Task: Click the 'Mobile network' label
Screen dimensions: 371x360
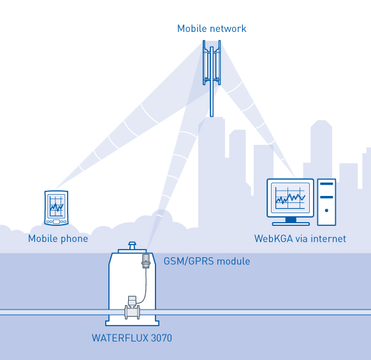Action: (x=212, y=29)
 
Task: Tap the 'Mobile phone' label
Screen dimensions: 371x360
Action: (x=58, y=239)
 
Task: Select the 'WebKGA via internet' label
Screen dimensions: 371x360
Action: (x=300, y=239)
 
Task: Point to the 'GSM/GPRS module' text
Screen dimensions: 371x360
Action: (x=207, y=261)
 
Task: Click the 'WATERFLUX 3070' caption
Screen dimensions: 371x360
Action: (x=132, y=338)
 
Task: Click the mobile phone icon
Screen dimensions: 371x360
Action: (x=56, y=208)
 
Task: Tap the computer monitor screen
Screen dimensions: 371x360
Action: (x=290, y=198)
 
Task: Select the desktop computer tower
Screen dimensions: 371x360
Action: (x=326, y=202)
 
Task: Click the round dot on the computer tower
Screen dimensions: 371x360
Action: (x=326, y=210)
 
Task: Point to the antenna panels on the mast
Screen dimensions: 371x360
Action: (x=212, y=63)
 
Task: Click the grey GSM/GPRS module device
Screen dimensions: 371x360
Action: (x=146, y=261)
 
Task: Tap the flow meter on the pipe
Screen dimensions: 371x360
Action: (x=132, y=308)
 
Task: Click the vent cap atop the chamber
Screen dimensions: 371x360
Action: (x=132, y=245)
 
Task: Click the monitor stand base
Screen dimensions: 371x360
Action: (x=291, y=223)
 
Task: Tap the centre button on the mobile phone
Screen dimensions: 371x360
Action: (x=56, y=221)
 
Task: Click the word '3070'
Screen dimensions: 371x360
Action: (x=161, y=338)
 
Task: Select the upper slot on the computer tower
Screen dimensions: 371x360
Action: (x=326, y=184)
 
